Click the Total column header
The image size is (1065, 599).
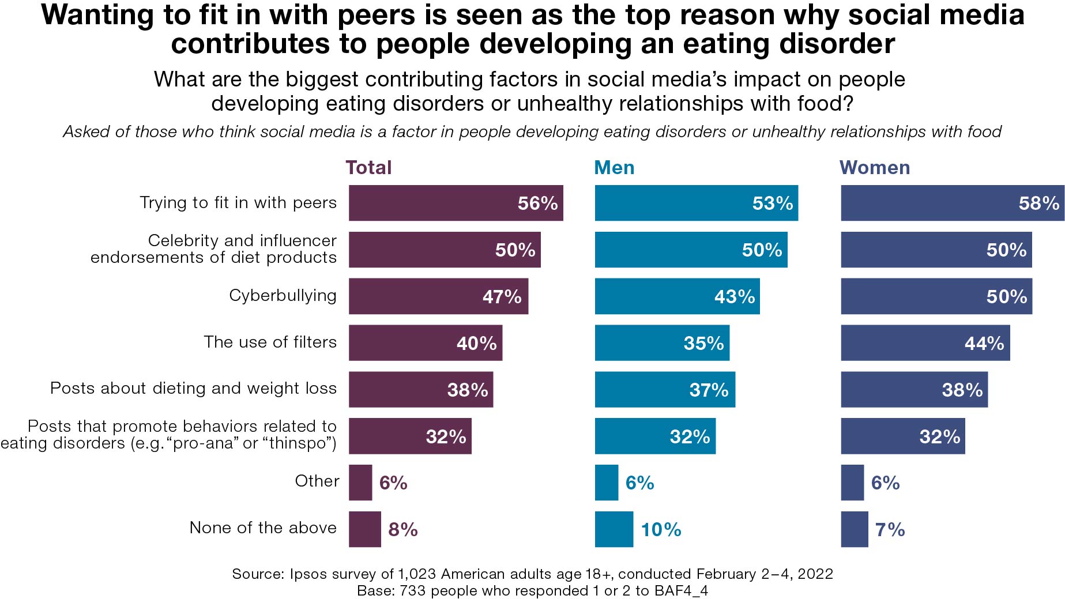(368, 168)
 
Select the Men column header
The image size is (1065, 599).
(614, 168)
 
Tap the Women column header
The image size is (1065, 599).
(874, 168)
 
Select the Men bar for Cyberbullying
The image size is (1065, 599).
(677, 296)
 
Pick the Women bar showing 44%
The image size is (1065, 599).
(925, 343)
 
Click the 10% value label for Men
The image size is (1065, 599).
(661, 529)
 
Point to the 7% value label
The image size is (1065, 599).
(890, 529)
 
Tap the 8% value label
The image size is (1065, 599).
(402, 529)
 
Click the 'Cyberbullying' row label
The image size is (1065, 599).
(283, 296)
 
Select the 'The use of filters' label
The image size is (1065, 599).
(270, 342)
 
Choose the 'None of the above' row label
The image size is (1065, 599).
(263, 528)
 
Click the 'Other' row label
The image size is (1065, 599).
(317, 481)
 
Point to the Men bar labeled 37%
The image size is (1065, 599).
(664, 390)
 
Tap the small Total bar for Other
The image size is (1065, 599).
(360, 483)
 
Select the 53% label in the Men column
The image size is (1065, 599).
(772, 204)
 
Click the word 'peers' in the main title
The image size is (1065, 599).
(376, 15)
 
